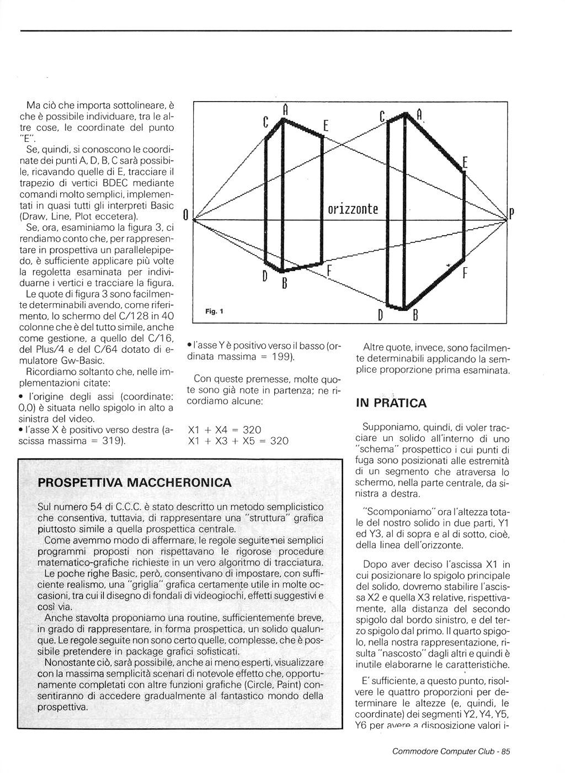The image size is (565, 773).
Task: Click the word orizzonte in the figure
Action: (x=353, y=209)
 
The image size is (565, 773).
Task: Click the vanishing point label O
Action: (x=186, y=214)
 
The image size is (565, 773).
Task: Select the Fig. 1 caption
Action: (x=214, y=311)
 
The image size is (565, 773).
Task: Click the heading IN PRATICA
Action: (x=391, y=403)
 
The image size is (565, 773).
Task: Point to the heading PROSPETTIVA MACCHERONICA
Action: (x=135, y=483)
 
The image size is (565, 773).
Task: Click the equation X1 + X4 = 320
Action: (x=225, y=430)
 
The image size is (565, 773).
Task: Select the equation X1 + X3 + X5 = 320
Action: (x=238, y=441)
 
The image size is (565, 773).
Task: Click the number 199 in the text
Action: (x=281, y=357)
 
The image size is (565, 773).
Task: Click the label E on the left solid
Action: (x=326, y=126)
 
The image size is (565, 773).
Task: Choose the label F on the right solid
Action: (x=465, y=273)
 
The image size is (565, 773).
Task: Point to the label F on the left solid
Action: (x=329, y=271)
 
